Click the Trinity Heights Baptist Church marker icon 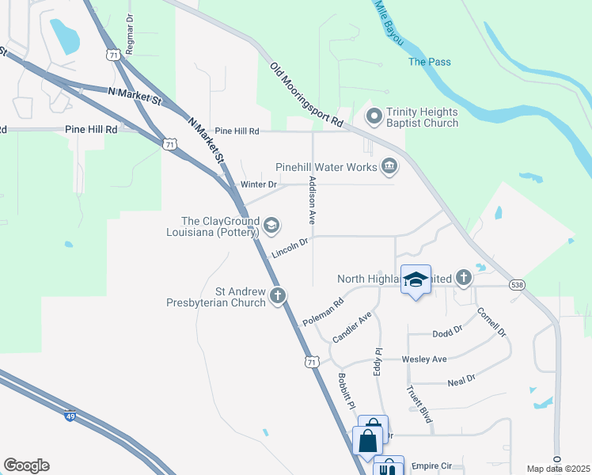pyautogui.click(x=374, y=117)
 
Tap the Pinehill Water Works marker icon pyautogui.click(x=389, y=166)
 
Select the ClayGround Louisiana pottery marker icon pyautogui.click(x=271, y=226)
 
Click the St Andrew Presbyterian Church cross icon pyautogui.click(x=277, y=296)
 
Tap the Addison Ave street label pyautogui.click(x=312, y=199)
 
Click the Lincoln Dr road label pyautogui.click(x=288, y=249)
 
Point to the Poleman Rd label pyautogui.click(x=323, y=313)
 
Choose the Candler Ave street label pyautogui.click(x=352, y=327)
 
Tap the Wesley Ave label pyautogui.click(x=424, y=359)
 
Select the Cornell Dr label pyautogui.click(x=491, y=321)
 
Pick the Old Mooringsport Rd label pyautogui.click(x=305, y=96)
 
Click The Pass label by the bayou pyautogui.click(x=428, y=62)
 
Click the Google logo pyautogui.click(x=26, y=465)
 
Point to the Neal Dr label pyautogui.click(x=461, y=380)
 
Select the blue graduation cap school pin pyautogui.click(x=416, y=279)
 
